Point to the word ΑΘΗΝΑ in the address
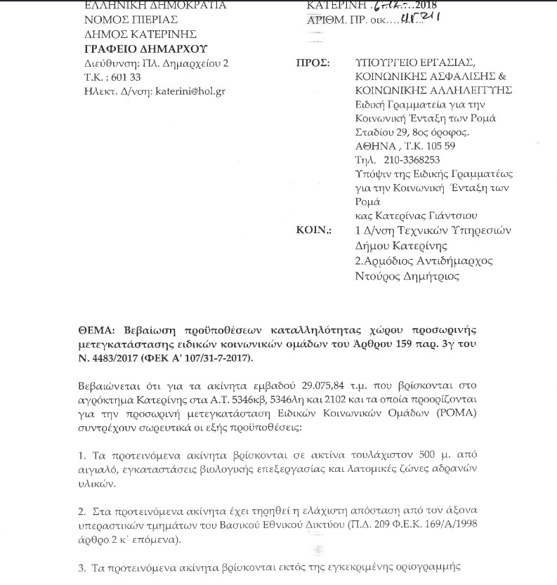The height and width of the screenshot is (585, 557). (x=375, y=145)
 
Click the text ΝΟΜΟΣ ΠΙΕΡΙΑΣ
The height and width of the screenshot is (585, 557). (x=119, y=20)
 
